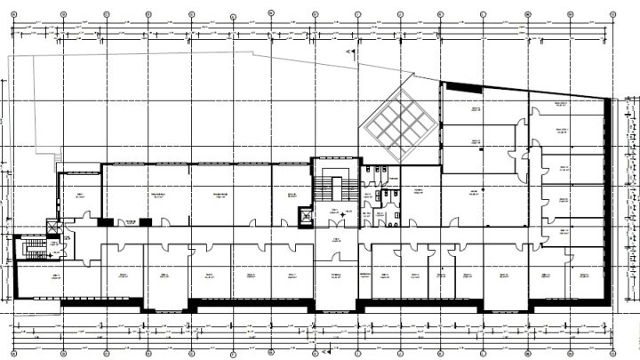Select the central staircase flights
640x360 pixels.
click(x=336, y=188)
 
